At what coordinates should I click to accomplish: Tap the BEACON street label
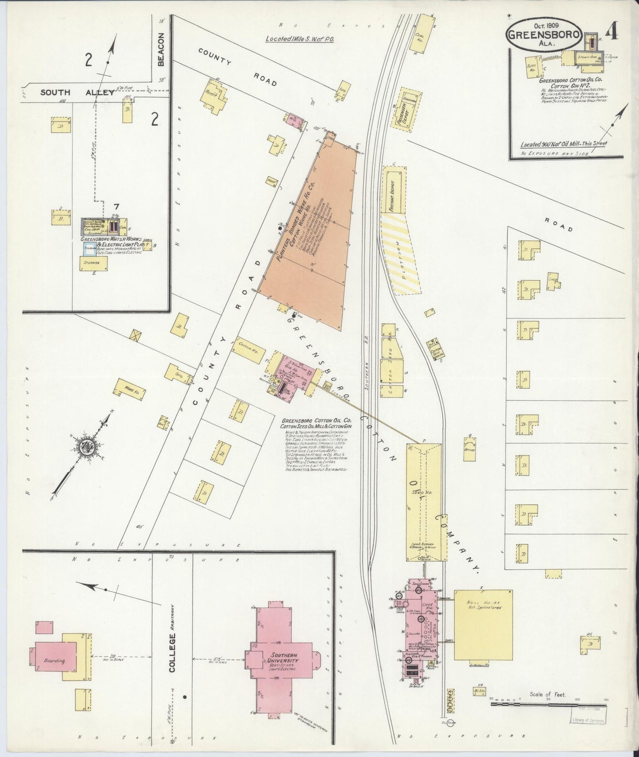click(x=161, y=49)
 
